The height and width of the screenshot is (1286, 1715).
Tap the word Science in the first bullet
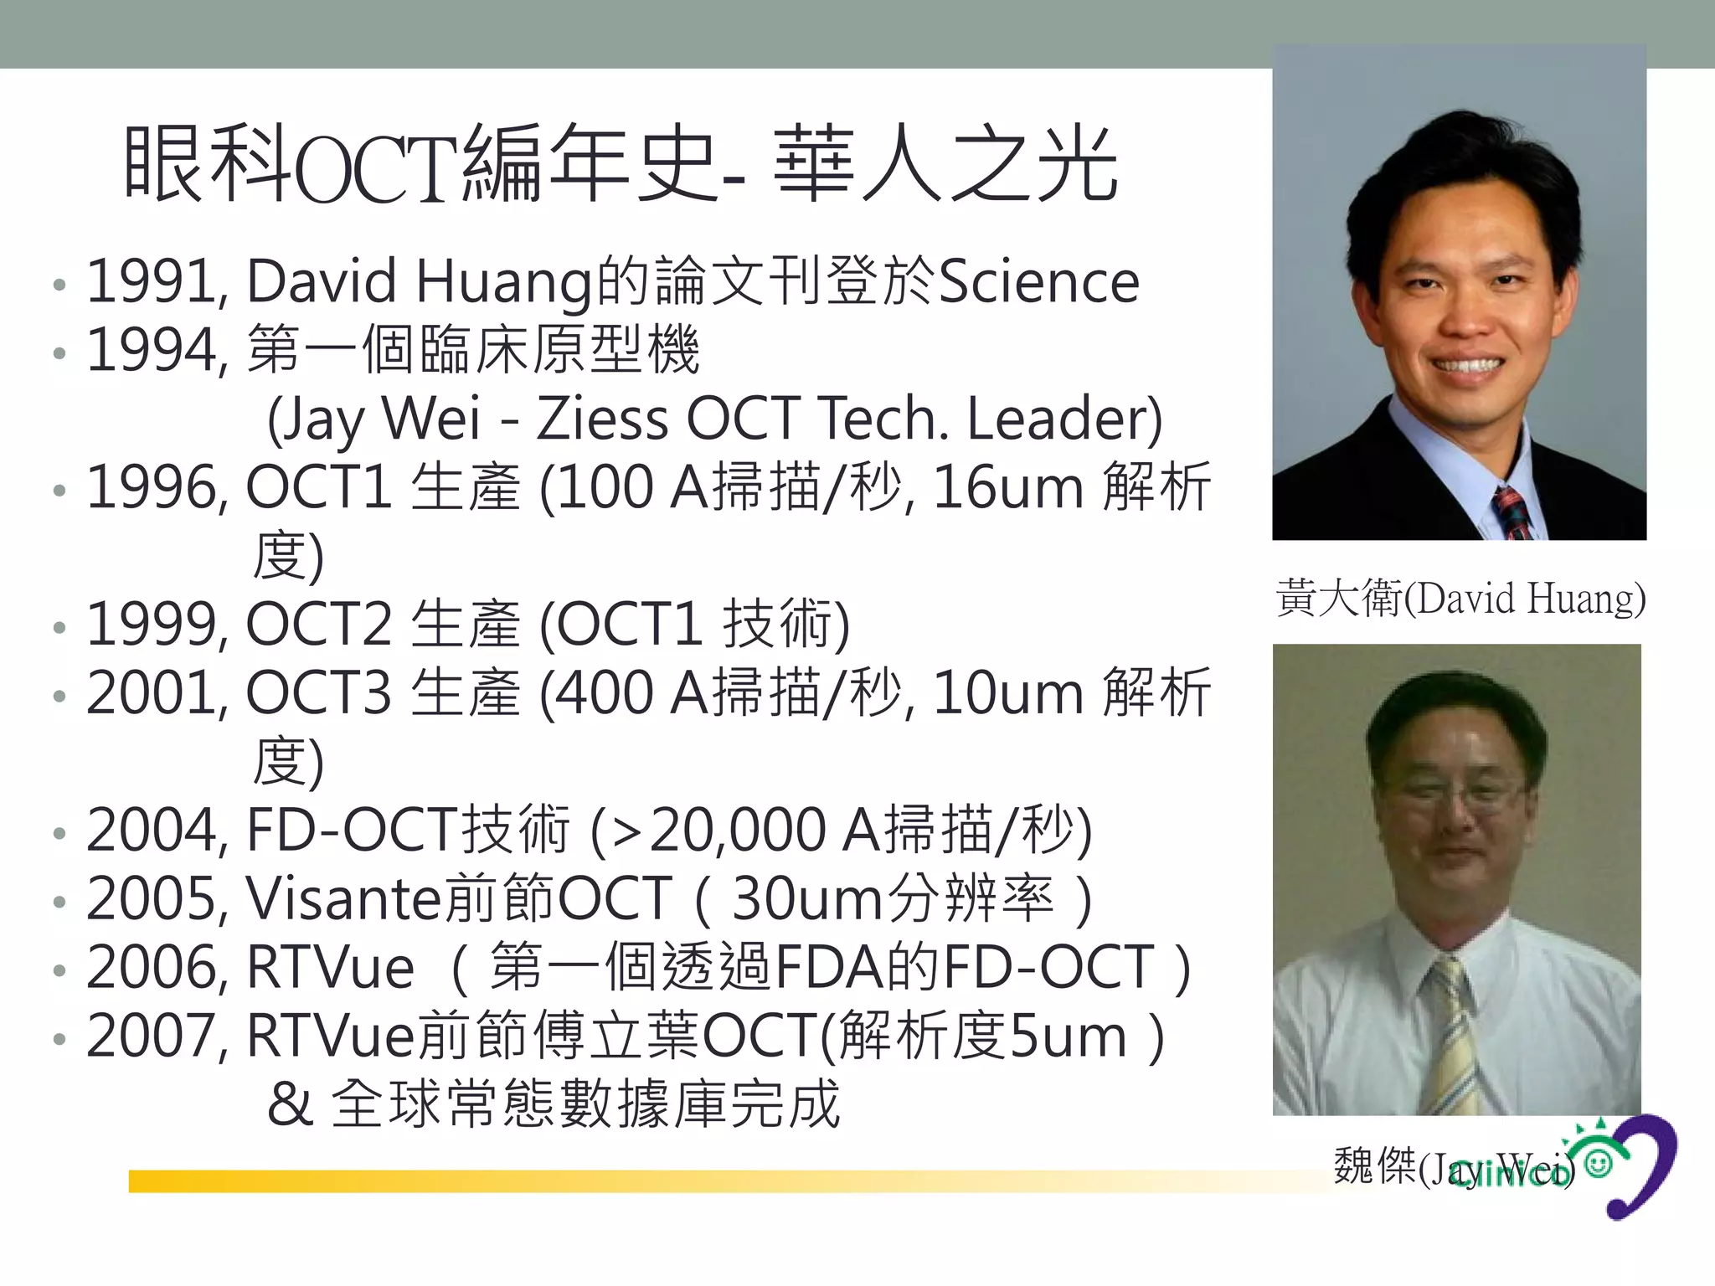pos(1039,281)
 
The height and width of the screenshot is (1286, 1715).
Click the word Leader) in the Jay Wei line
pos(1064,419)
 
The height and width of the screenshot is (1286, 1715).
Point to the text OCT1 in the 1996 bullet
pos(318,487)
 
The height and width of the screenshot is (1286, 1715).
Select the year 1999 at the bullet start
pos(156,625)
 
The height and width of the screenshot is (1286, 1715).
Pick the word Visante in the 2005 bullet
pos(343,899)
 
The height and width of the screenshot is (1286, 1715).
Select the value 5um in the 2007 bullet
pos(1069,1037)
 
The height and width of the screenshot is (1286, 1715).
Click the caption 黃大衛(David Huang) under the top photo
pos(1460,598)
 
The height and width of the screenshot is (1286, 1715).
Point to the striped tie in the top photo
pos(1514,512)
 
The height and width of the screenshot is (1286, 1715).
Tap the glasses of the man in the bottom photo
pos(1457,792)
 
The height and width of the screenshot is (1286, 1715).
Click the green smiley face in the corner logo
pos(1599,1164)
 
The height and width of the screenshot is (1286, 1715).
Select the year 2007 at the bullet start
pos(156,1037)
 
